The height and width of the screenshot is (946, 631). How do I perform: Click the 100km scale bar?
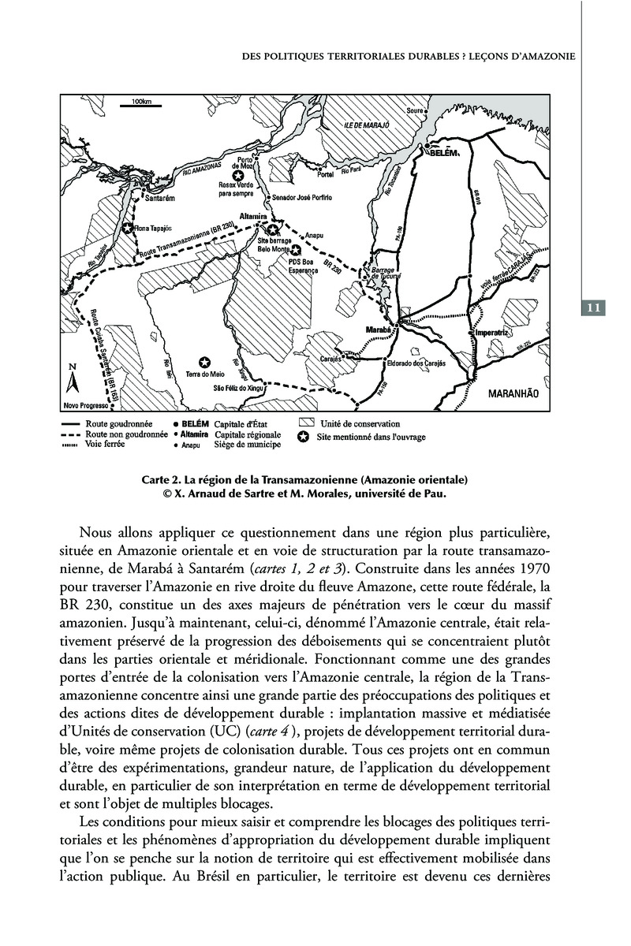[141, 104]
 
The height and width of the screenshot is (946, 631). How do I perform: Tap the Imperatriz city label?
[490, 333]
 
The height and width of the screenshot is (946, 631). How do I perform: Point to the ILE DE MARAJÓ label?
[368, 126]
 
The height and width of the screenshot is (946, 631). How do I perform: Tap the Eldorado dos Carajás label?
[416, 363]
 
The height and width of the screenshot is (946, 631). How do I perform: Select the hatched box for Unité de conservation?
[305, 423]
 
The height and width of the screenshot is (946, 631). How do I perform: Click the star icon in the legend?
[304, 436]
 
